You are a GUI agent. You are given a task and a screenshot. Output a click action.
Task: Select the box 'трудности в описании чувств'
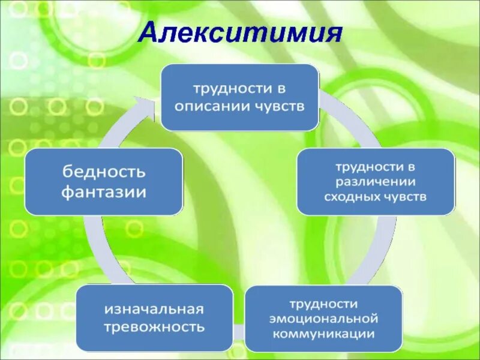pos(239,97)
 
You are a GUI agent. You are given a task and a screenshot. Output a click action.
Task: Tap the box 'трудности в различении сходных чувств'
pos(376,181)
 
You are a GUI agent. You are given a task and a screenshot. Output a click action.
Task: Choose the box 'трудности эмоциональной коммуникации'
pos(324,318)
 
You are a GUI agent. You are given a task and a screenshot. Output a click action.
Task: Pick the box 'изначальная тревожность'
pos(154,318)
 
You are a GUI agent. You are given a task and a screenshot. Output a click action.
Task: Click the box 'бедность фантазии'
pos(103,182)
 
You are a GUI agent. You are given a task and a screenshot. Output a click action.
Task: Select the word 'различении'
pos(376,181)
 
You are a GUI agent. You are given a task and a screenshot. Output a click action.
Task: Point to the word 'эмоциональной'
pos(324,319)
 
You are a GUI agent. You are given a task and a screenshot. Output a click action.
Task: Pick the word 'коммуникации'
pos(324,334)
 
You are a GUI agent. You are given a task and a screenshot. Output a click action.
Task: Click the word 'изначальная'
pos(154,310)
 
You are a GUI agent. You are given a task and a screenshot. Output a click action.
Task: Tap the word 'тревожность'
pos(154,327)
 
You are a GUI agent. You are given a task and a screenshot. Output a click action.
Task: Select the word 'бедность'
pos(103,173)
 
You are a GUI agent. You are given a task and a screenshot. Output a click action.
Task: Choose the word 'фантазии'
pos(103,192)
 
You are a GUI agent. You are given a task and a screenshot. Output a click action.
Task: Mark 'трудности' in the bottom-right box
pos(324,304)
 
